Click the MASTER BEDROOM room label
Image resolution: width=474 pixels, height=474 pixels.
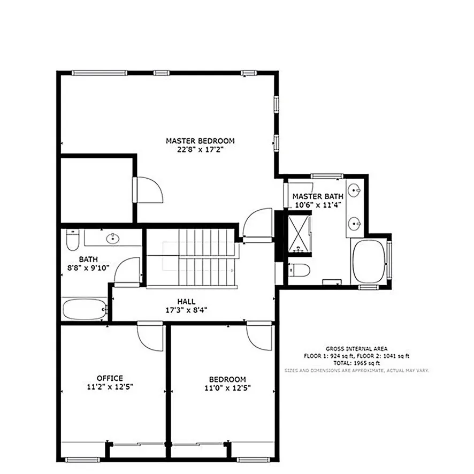tap(200, 141)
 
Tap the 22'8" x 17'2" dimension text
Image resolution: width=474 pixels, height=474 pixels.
tap(200, 150)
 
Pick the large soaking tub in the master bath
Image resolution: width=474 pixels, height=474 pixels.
tap(369, 262)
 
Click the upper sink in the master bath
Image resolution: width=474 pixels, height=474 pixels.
tap(354, 190)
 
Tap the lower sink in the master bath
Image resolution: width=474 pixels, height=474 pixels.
tap(354, 222)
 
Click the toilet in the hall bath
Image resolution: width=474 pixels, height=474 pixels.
tap(72, 241)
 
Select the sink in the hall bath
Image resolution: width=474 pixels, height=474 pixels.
tap(112, 238)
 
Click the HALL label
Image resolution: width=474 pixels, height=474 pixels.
tap(186, 302)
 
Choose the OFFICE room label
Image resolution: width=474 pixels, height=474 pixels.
tap(110, 378)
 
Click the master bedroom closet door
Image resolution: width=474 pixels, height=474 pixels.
tap(148, 189)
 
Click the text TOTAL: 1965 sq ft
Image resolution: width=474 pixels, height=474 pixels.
tap(356, 363)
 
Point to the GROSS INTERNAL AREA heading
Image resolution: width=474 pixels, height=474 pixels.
tap(356, 348)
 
